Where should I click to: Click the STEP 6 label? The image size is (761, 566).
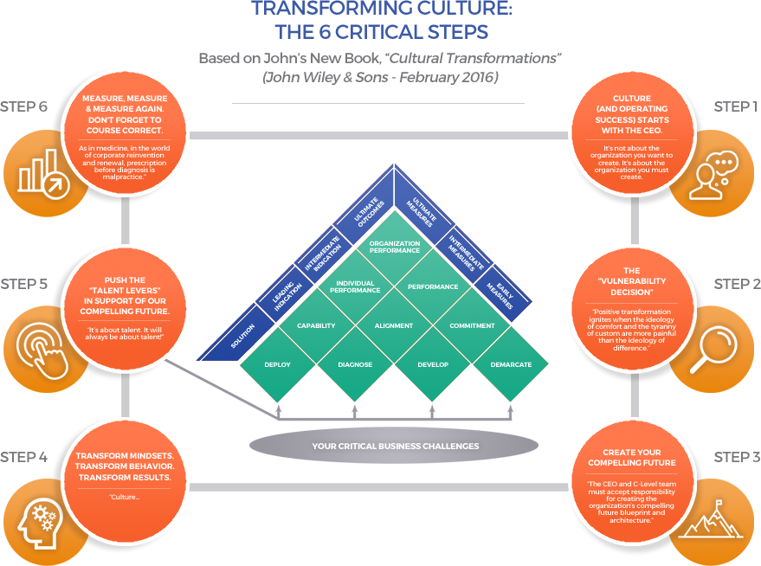[23, 107]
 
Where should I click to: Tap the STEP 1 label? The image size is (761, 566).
[735, 106]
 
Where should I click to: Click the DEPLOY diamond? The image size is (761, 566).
[277, 364]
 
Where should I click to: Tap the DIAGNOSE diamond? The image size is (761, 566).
[355, 364]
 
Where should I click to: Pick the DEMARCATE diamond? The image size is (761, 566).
[510, 364]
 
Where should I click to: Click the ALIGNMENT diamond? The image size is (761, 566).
[394, 326]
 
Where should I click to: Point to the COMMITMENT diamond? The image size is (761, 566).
[472, 326]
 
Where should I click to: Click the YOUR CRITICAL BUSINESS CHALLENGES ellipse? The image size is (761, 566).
[394, 446]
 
